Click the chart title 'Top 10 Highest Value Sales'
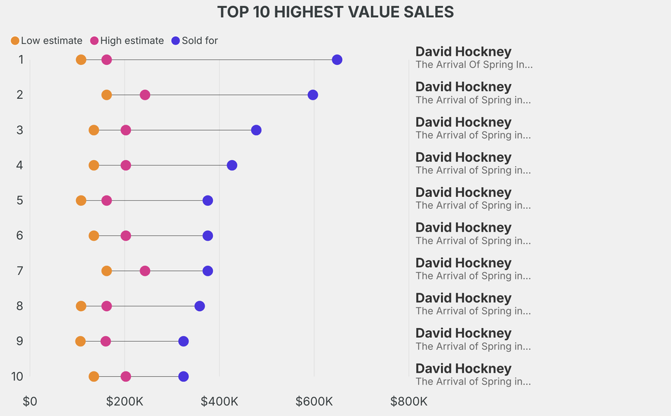(335, 12)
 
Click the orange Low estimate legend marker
(15, 41)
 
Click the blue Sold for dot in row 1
(337, 60)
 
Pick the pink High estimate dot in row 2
(145, 95)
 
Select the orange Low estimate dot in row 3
(94, 130)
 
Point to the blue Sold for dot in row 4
(232, 165)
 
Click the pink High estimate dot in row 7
(145, 271)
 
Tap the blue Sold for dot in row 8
(200, 306)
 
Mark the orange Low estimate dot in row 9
(81, 341)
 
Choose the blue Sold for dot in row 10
(183, 377)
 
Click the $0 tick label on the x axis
(29, 401)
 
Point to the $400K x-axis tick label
(220, 401)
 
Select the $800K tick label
(409, 401)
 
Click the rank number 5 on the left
(20, 200)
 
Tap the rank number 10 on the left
(18, 377)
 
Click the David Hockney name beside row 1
(463, 52)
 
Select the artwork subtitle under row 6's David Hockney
(473, 241)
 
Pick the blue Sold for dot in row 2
(313, 95)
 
